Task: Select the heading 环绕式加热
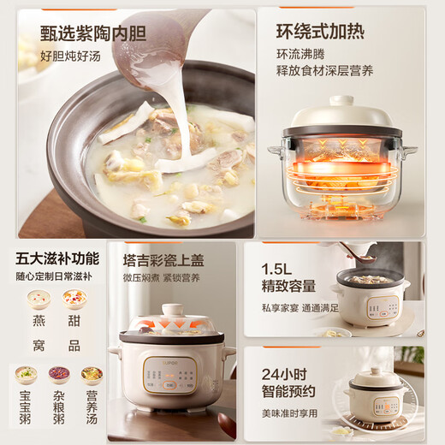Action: [318, 33]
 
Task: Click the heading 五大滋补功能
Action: [51, 257]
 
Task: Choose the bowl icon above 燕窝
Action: [37, 299]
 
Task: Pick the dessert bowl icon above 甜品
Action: [74, 299]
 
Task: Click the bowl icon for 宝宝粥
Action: [26, 374]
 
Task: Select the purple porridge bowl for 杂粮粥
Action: [58, 374]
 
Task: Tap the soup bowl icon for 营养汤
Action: [92, 374]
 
